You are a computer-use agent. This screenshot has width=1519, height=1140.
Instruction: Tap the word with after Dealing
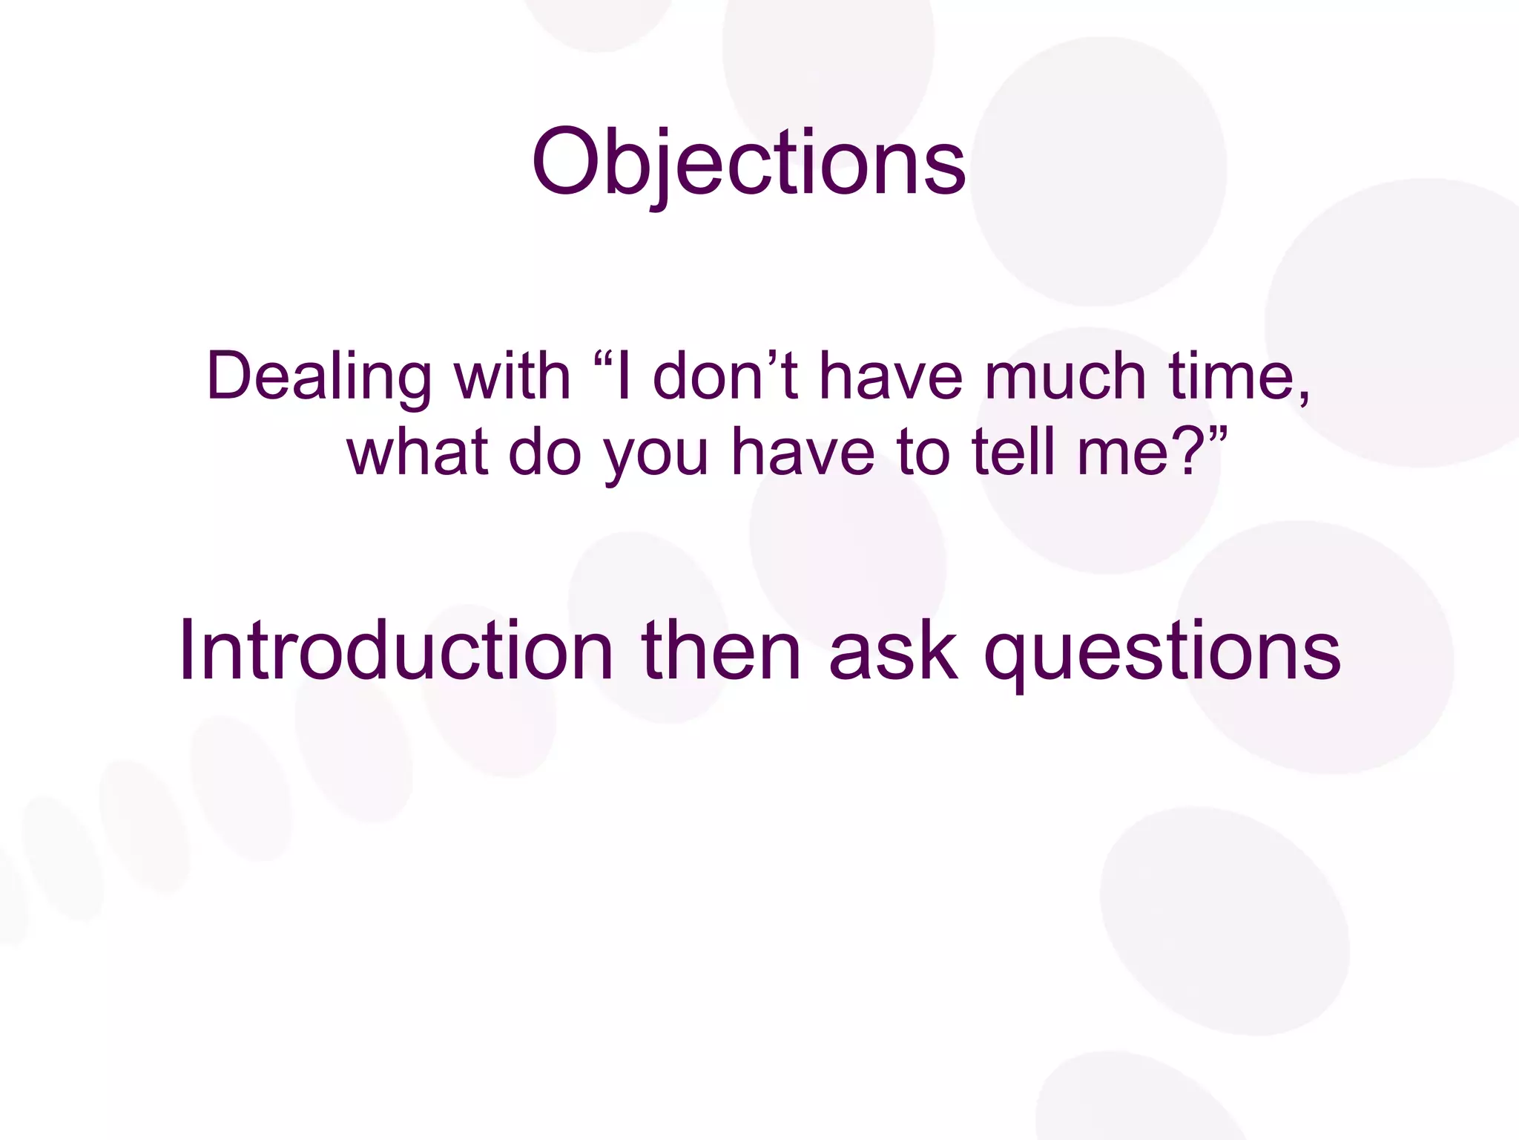click(x=512, y=377)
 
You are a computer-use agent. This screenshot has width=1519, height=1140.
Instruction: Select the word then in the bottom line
click(x=720, y=650)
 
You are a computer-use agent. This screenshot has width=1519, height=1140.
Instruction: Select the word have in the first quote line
click(x=890, y=377)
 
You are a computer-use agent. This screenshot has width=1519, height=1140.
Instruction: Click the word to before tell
click(x=923, y=453)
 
